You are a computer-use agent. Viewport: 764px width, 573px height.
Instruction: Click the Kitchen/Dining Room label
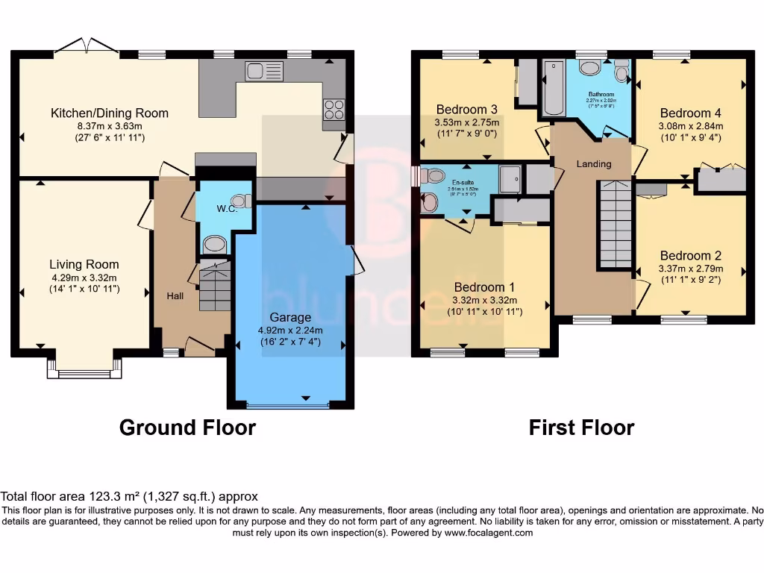[x=110, y=113]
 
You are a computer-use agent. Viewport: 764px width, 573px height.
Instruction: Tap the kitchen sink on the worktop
[x=265, y=71]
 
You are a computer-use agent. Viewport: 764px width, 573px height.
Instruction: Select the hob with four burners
[x=334, y=110]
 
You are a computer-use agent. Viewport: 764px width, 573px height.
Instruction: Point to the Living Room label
[x=84, y=264]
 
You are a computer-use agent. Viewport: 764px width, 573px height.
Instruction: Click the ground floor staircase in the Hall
[x=215, y=285]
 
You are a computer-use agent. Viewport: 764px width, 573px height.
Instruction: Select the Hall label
[x=175, y=296]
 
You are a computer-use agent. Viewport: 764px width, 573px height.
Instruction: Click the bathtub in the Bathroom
[x=553, y=88]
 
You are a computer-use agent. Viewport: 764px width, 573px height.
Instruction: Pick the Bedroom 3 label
[x=466, y=110]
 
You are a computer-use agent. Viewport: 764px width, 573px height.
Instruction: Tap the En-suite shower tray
[x=510, y=179]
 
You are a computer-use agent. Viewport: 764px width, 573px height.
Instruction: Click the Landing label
[x=594, y=164]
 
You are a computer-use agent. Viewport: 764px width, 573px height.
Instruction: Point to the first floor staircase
[x=616, y=223]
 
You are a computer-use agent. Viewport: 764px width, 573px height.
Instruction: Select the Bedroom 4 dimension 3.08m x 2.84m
[x=691, y=126]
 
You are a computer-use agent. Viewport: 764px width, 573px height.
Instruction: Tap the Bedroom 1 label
[x=485, y=287]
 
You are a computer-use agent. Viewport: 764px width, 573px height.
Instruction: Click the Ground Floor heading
[x=187, y=428]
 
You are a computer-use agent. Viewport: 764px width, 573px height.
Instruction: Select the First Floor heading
[x=581, y=428]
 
